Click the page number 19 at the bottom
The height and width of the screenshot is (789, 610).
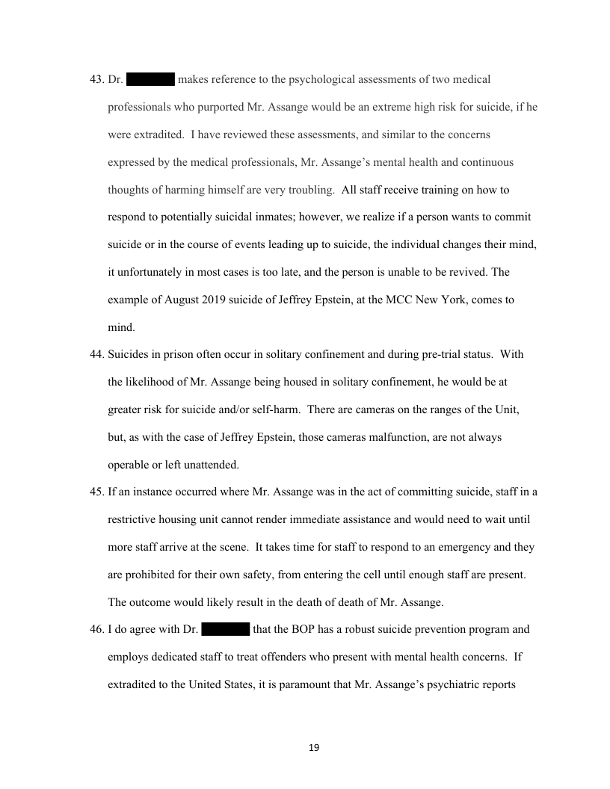314,747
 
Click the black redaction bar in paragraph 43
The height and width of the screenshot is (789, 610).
150,79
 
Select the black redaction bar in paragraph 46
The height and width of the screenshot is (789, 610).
225,629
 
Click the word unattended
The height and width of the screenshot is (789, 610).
209,465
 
